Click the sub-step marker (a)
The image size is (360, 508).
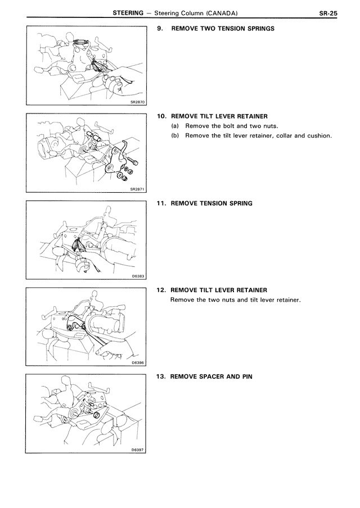pyautogui.click(x=175, y=126)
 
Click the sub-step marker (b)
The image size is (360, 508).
pyautogui.click(x=175, y=135)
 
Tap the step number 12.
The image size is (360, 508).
pyautogui.click(x=161, y=290)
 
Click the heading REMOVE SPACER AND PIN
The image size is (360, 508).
pyautogui.click(x=211, y=376)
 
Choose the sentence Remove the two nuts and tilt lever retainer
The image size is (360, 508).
pyautogui.click(x=236, y=300)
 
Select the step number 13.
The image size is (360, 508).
pyautogui.click(x=161, y=376)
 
